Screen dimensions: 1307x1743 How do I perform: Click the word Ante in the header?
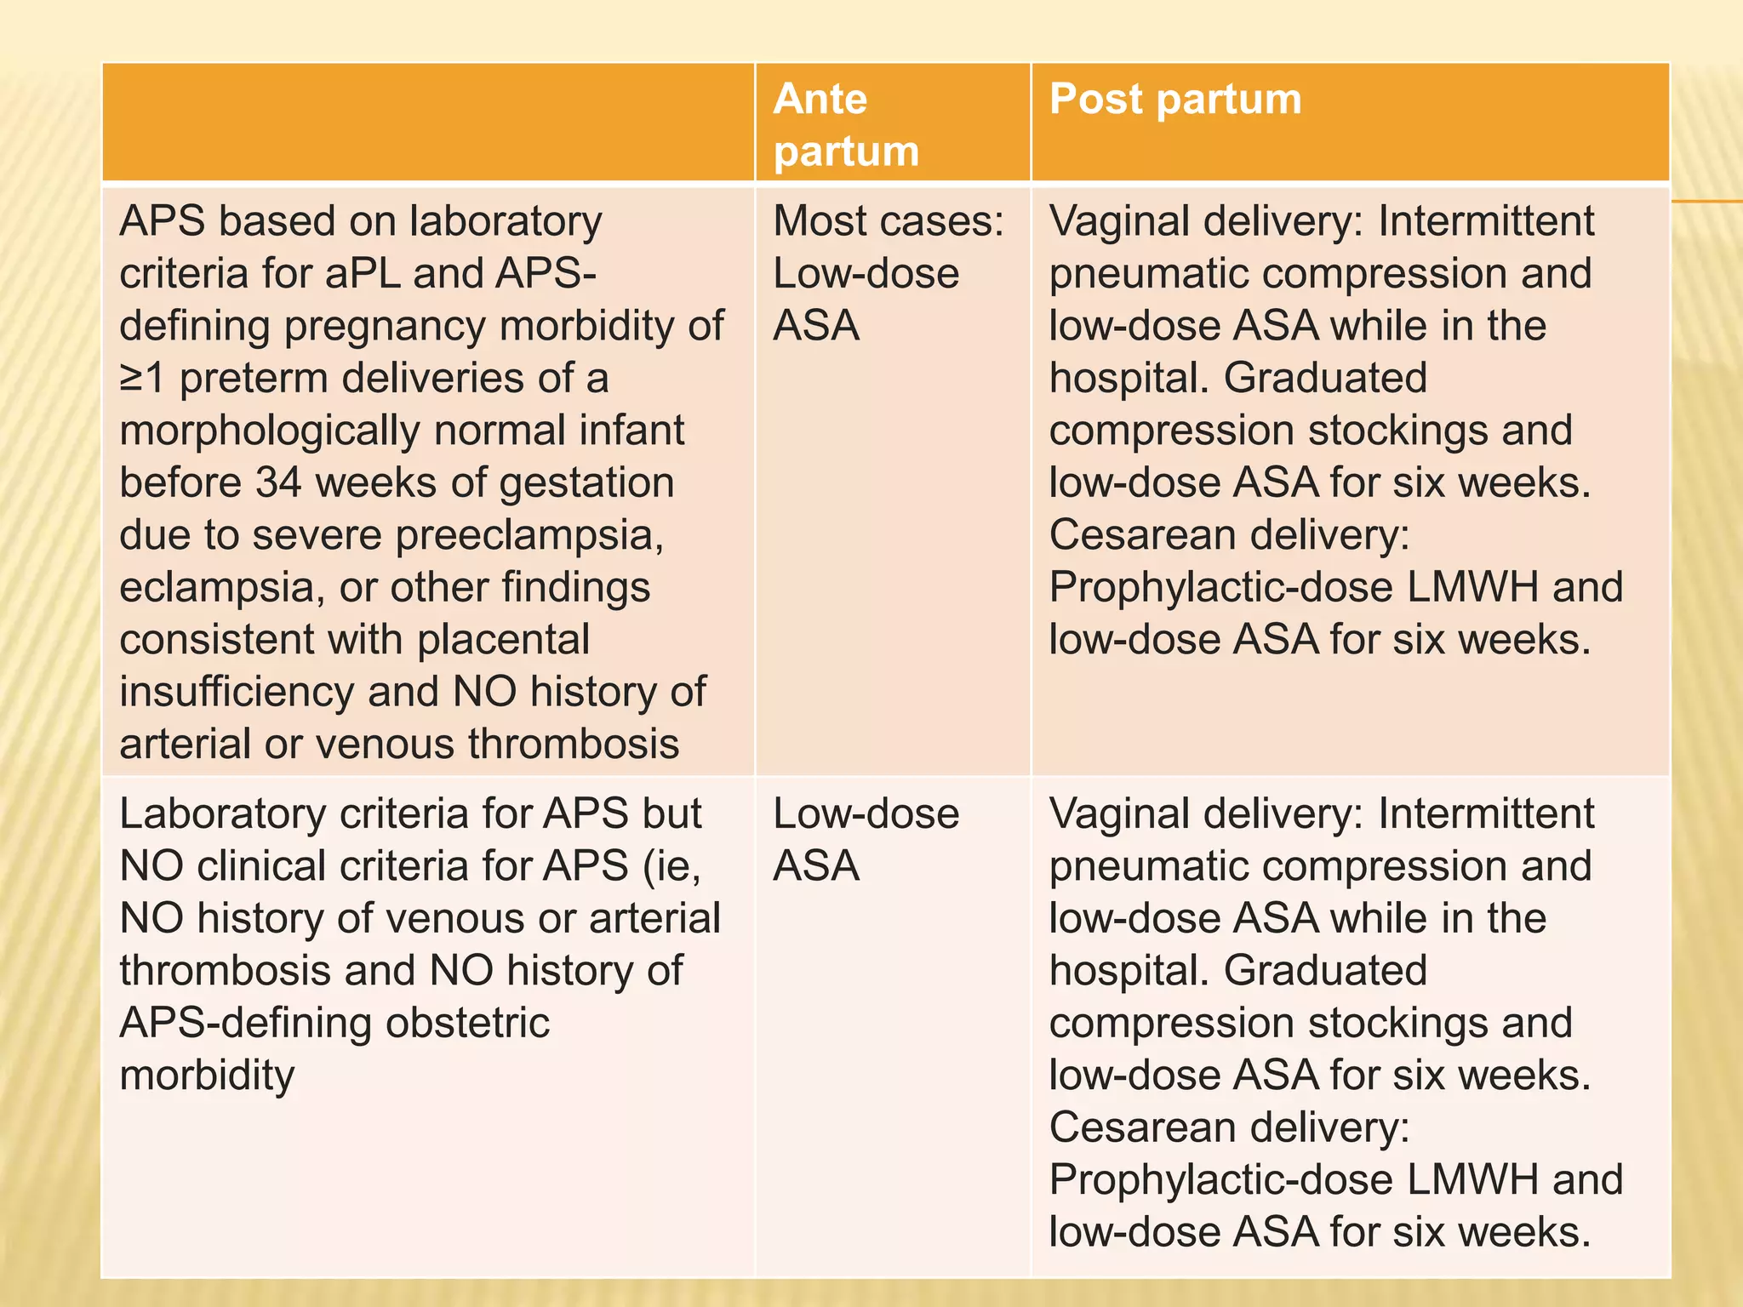pos(820,99)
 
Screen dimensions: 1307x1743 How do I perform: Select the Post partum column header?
pos(1174,99)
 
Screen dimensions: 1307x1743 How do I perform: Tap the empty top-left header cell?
pos(428,123)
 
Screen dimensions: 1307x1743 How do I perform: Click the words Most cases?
pos(889,221)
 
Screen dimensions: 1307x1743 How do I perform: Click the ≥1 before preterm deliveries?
pos(142,378)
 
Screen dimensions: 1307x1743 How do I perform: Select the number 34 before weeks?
pos(278,482)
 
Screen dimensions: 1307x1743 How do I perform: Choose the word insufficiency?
pos(237,692)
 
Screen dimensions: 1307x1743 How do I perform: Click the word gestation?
pos(586,482)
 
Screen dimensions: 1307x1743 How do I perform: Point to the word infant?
pos(631,431)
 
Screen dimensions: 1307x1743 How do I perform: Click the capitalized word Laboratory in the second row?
pos(223,814)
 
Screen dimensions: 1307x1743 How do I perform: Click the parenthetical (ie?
pos(672,866)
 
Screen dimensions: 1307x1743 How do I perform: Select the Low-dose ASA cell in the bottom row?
pos(866,840)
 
